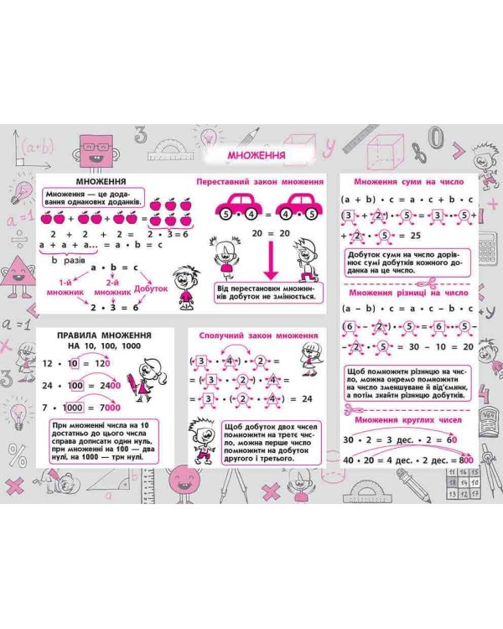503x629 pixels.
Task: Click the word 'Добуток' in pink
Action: coord(151,288)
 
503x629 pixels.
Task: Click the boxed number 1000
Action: coord(76,407)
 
